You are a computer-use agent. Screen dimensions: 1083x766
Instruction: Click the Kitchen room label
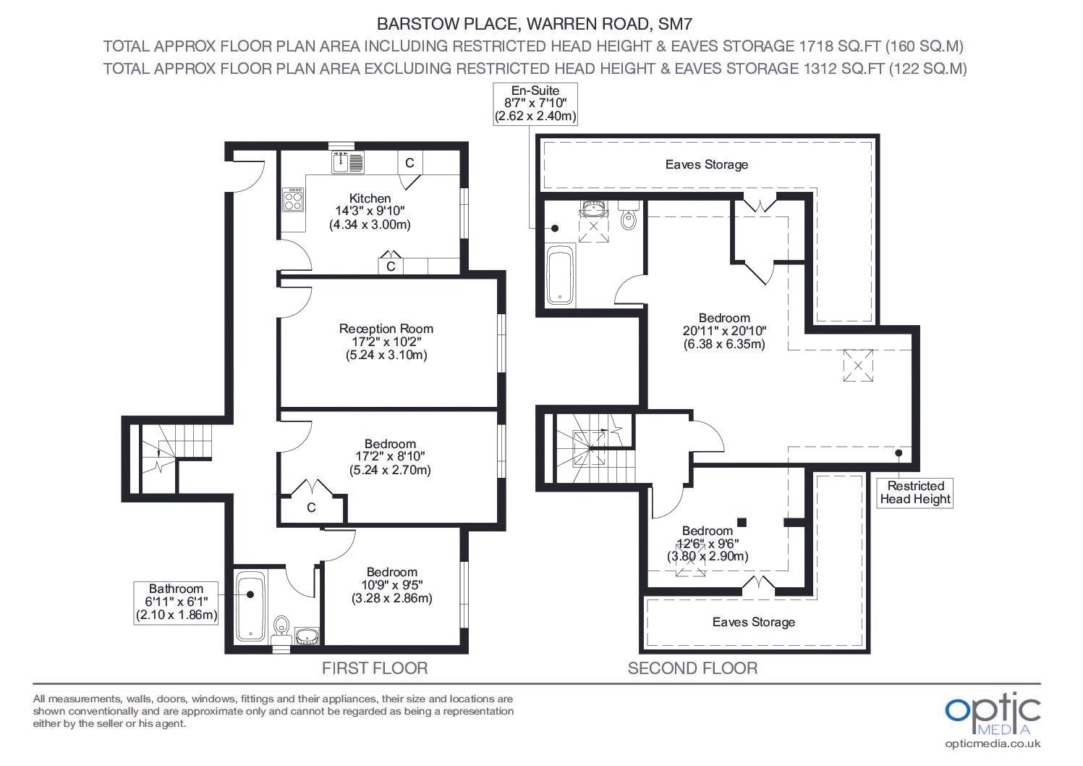370,198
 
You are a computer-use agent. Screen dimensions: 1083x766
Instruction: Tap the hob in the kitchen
293,199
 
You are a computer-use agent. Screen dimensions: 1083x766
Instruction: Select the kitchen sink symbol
348,161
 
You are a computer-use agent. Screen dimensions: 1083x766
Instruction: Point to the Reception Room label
386,329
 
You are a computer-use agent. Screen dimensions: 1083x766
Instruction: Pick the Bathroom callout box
176,603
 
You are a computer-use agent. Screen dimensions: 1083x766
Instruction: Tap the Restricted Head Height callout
915,493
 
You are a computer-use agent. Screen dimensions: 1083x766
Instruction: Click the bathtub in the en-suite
561,275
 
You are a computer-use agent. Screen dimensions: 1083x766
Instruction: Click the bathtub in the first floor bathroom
250,607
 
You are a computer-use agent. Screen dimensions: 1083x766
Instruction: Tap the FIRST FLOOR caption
375,668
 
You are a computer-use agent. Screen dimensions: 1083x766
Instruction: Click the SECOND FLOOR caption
692,668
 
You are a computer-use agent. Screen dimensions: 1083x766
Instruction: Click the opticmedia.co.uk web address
993,744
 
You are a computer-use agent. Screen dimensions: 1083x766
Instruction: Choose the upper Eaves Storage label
706,164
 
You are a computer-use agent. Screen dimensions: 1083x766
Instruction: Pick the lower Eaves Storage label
753,622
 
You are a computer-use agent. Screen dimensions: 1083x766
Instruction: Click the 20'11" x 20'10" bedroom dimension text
724,331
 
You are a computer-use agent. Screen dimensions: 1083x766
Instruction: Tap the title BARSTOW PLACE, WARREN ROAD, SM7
534,24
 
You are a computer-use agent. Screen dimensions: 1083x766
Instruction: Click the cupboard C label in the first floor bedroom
311,508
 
